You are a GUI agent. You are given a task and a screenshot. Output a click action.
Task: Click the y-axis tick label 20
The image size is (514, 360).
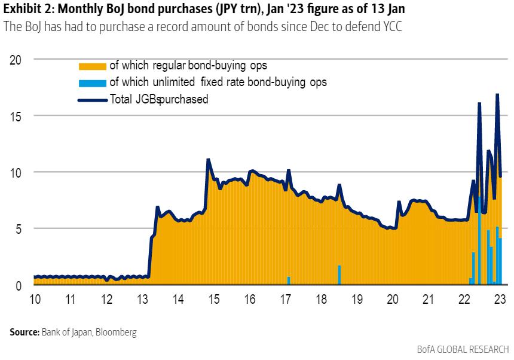[15, 59]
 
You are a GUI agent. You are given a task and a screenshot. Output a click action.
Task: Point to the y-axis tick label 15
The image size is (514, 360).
[15, 115]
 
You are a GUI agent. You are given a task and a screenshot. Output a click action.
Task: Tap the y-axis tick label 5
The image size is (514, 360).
[18, 228]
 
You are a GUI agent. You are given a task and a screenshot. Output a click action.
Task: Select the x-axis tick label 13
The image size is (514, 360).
[142, 299]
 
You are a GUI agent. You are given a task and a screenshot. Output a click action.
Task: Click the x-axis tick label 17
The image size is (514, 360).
[286, 299]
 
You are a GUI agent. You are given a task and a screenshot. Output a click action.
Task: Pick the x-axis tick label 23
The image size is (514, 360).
[500, 299]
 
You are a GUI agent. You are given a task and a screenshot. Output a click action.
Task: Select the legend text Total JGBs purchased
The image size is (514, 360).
[159, 100]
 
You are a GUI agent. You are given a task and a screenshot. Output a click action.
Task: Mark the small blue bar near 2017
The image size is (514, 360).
[289, 280]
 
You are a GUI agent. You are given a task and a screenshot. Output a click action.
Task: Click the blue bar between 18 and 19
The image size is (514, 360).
[339, 275]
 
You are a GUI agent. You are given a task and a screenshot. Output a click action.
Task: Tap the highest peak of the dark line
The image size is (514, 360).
[497, 94]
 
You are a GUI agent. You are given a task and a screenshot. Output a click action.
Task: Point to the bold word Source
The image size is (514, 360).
[24, 332]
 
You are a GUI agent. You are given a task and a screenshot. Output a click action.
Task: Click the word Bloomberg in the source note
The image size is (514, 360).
[117, 332]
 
